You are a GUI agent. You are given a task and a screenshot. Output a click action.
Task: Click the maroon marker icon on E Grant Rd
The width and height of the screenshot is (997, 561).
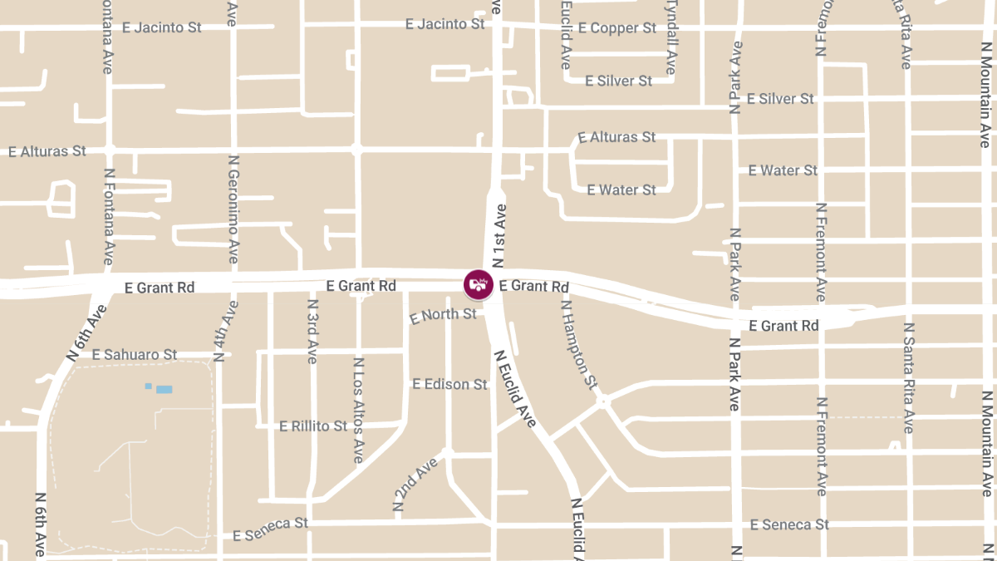click(x=479, y=284)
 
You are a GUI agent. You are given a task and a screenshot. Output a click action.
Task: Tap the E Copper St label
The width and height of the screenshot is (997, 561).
click(x=617, y=28)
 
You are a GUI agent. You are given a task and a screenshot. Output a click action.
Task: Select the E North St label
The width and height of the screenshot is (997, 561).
click(x=444, y=315)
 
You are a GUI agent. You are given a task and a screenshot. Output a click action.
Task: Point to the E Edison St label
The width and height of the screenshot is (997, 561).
click(x=449, y=384)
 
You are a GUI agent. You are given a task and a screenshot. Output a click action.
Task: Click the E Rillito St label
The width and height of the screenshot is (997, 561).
click(x=313, y=426)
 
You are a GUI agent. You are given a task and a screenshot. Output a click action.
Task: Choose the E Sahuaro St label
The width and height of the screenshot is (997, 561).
click(x=135, y=355)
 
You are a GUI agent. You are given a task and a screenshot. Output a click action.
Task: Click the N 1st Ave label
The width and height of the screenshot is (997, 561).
click(x=499, y=235)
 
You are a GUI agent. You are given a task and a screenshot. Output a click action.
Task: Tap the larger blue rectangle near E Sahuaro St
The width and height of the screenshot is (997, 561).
click(x=165, y=389)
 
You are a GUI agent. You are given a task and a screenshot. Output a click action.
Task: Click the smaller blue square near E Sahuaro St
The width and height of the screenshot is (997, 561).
click(x=149, y=386)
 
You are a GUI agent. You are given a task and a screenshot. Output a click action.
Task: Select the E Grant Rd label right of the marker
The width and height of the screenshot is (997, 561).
click(x=534, y=286)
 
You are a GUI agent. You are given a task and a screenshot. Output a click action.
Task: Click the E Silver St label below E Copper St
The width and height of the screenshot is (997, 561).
click(x=619, y=81)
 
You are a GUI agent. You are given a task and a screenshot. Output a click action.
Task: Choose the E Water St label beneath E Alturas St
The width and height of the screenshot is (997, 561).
click(x=621, y=190)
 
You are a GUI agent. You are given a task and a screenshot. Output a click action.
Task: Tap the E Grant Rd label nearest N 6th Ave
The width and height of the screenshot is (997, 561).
click(x=160, y=288)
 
